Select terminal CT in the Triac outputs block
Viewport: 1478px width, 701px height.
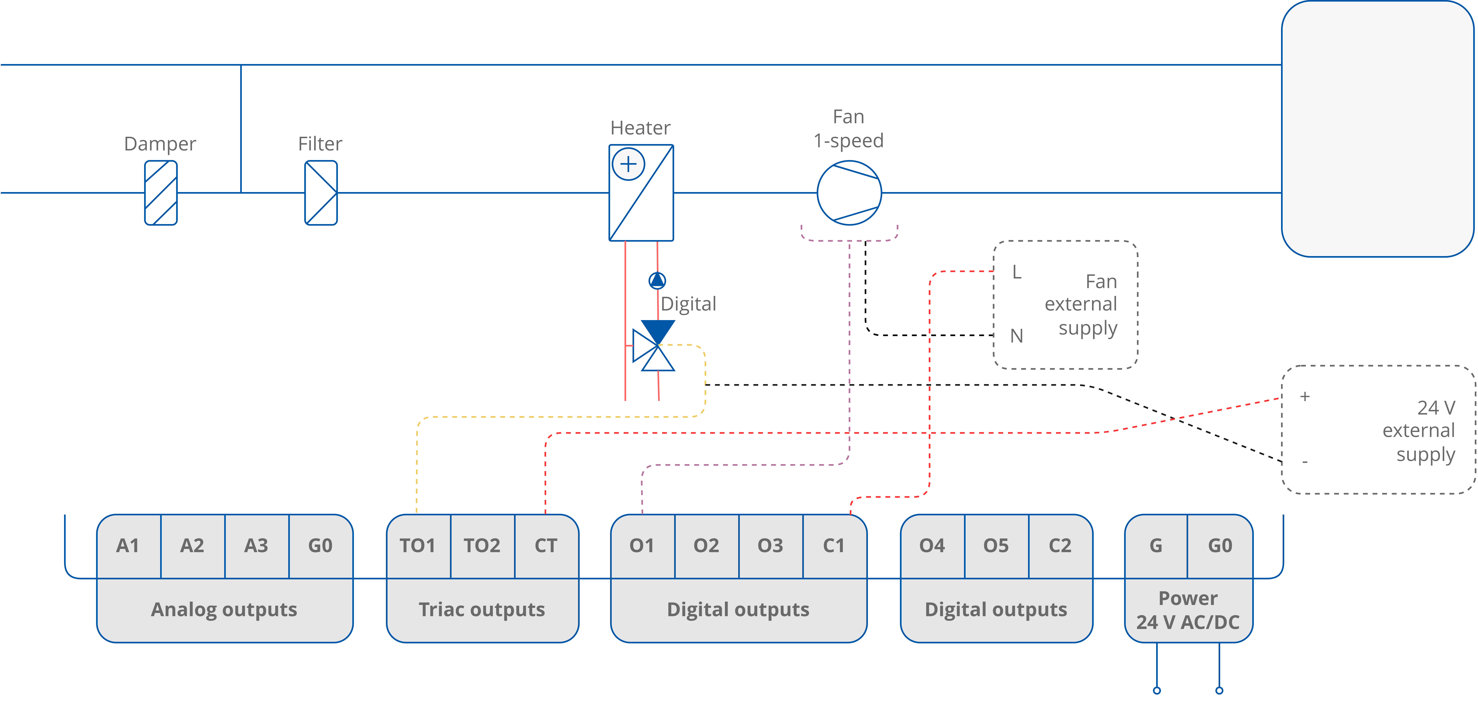pos(546,546)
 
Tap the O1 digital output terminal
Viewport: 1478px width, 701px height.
pos(642,546)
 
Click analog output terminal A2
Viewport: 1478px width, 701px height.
pos(192,546)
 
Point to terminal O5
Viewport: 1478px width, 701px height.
pos(996,546)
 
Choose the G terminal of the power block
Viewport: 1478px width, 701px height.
pos(1156,546)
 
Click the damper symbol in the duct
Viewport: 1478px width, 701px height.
pos(161,193)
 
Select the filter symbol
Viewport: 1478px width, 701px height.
pos(321,193)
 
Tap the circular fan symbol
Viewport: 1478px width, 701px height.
pos(849,193)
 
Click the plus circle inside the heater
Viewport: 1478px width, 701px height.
pos(628,164)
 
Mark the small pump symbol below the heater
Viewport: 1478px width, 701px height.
pos(657,280)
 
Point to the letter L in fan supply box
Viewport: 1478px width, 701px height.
pos(1017,272)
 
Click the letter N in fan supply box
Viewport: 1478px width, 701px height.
pos(1017,336)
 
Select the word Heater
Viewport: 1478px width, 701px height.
pos(640,127)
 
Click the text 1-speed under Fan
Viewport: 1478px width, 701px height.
pos(849,140)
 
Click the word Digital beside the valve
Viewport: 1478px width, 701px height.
pos(689,303)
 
